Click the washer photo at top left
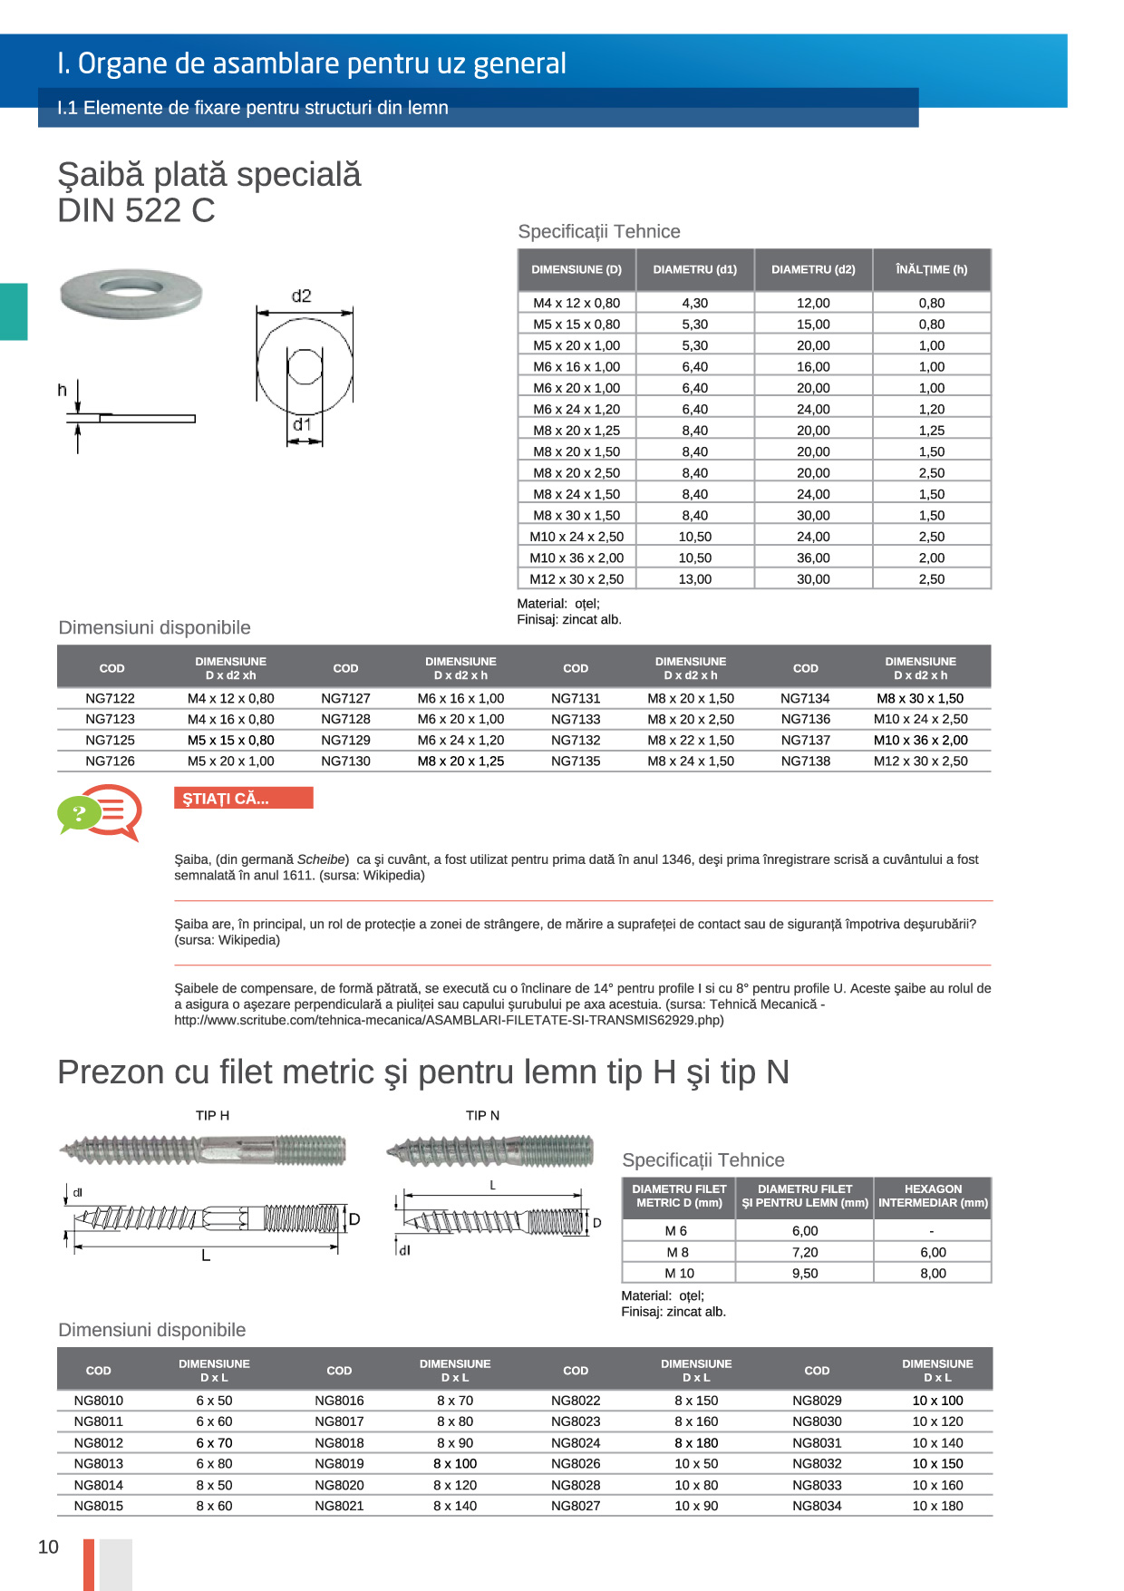coord(131,293)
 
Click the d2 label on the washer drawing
coord(301,296)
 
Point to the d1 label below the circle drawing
coord(302,424)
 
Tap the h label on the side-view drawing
coord(63,390)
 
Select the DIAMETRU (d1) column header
coord(695,269)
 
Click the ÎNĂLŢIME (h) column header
coord(931,269)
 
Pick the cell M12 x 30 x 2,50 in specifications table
coord(577,579)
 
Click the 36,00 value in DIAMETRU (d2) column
coord(813,558)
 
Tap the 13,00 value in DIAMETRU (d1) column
coord(695,579)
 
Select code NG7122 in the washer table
coord(110,698)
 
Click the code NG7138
coord(806,762)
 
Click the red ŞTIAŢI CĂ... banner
coord(243,799)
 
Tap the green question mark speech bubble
coord(79,813)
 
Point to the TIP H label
coord(212,1115)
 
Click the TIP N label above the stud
coord(482,1115)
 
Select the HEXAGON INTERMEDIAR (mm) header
coord(933,1196)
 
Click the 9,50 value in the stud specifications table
coord(805,1273)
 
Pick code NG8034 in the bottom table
coord(817,1506)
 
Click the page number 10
coord(48,1547)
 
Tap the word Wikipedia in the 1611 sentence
coord(392,876)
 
